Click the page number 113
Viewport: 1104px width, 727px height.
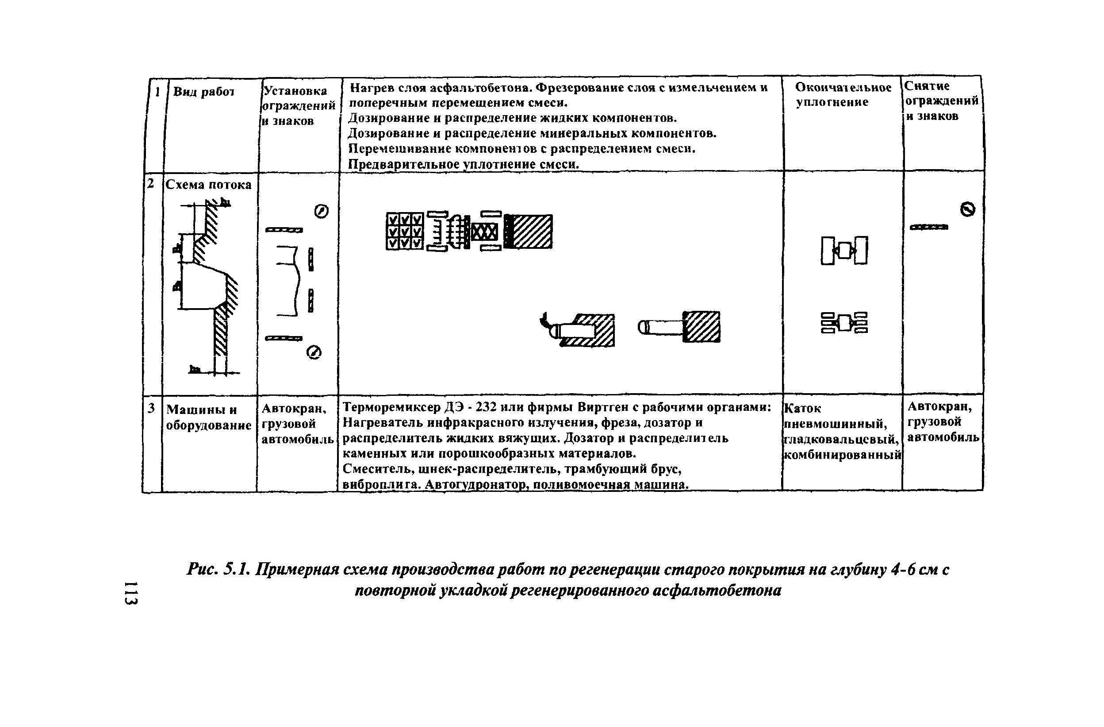point(131,593)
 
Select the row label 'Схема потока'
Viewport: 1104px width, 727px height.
point(208,185)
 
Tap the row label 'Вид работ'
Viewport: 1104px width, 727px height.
point(203,92)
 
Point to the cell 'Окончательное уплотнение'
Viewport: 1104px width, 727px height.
point(843,95)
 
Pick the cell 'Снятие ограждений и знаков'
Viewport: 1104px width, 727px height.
point(941,101)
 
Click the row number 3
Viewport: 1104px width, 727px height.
point(151,408)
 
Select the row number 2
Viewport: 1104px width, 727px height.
point(150,183)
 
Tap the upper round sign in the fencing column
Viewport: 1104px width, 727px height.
point(322,211)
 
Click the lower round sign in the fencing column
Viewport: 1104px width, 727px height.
point(314,353)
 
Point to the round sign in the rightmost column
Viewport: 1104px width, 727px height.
point(968,209)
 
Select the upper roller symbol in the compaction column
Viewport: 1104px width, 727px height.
point(844,251)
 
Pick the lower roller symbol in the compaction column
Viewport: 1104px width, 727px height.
point(844,322)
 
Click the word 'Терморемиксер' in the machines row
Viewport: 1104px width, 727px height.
point(391,407)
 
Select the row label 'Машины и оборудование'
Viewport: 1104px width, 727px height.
point(208,417)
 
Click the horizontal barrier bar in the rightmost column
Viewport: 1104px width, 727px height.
point(929,227)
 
